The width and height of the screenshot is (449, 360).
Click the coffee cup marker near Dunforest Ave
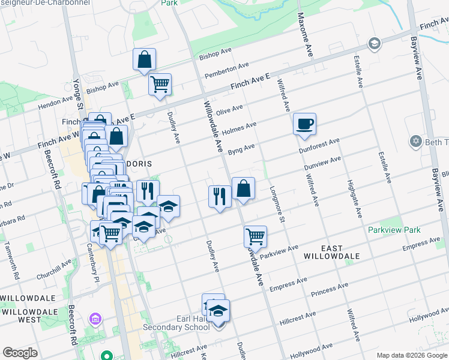(304, 124)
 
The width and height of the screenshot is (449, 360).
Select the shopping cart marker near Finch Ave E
(160, 85)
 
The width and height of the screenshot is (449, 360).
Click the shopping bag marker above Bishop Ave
(144, 59)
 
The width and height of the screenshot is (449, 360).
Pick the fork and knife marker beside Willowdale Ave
(220, 196)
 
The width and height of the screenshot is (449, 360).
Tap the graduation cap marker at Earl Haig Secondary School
(218, 311)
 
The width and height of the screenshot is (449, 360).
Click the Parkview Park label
(395, 230)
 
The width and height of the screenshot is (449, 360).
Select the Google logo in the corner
(20, 353)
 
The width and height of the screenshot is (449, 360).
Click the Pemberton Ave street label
(226, 70)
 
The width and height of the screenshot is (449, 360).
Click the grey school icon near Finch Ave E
(375, 43)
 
